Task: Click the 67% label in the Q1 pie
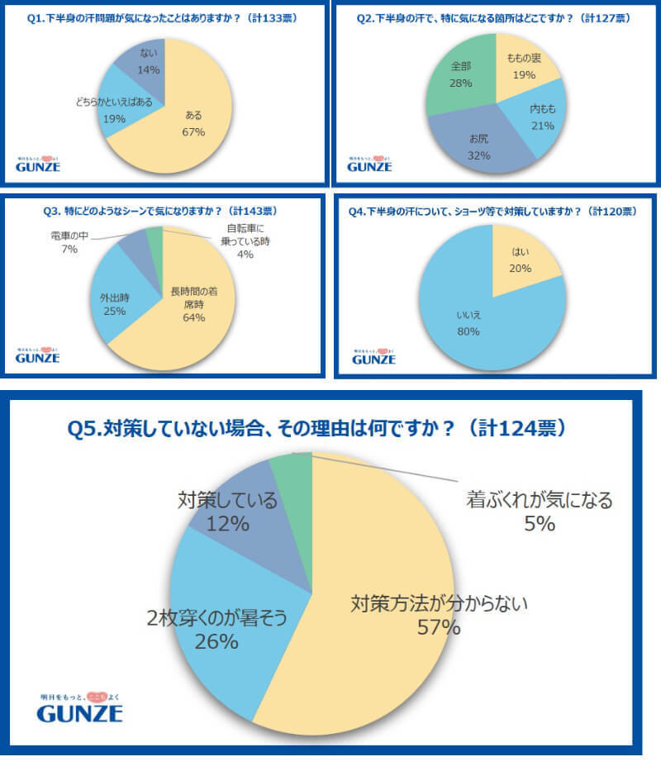195,131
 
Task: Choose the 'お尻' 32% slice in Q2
479,140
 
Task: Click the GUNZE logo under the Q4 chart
373,357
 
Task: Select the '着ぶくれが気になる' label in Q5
539,500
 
